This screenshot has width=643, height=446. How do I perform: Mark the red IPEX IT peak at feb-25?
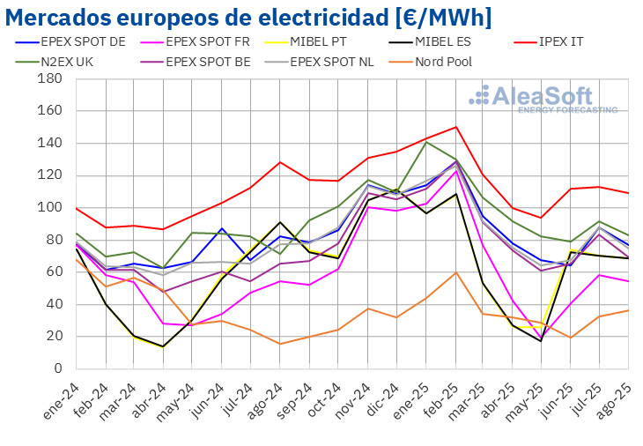(x=456, y=127)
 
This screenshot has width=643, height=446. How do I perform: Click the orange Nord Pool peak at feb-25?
(x=456, y=272)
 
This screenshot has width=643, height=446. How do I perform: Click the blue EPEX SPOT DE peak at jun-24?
(x=222, y=228)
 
